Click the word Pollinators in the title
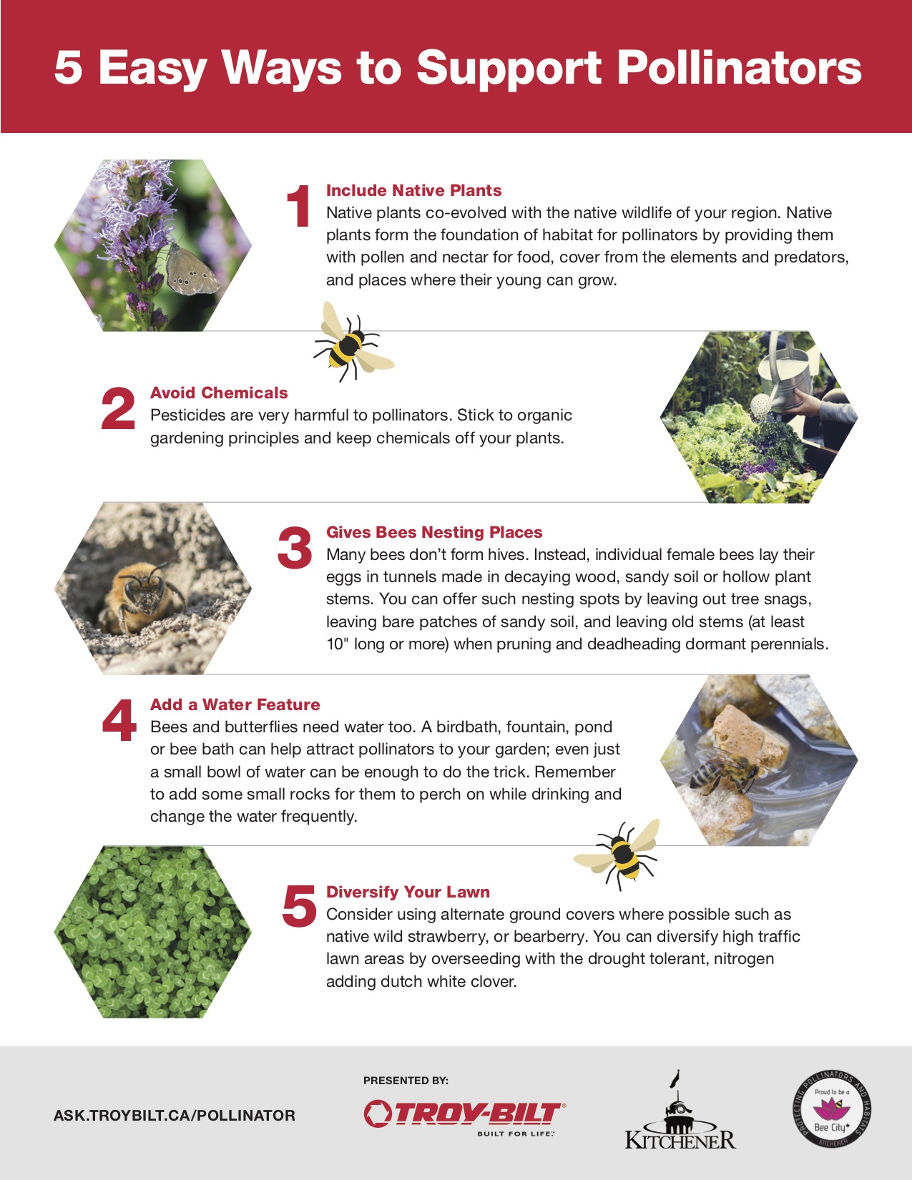pos(738,68)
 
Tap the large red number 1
pos(298,206)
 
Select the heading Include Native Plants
pos(413,190)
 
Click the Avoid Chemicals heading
pos(219,393)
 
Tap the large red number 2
pos(118,409)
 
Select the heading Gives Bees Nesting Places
pos(434,532)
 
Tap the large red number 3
pos(295,549)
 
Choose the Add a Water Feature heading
pos(235,704)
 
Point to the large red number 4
pos(119,720)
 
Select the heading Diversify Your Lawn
pos(408,892)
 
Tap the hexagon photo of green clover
pos(152,932)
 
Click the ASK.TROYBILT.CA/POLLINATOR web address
pos(175,1115)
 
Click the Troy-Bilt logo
pos(463,1114)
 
